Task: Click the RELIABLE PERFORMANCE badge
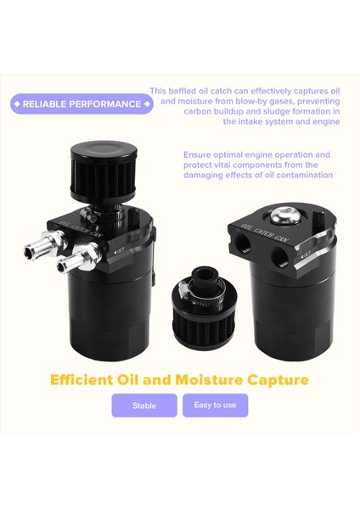pos(82,104)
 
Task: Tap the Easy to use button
pos(215,405)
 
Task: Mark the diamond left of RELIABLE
pos(17,104)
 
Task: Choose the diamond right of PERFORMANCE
pos(147,104)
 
